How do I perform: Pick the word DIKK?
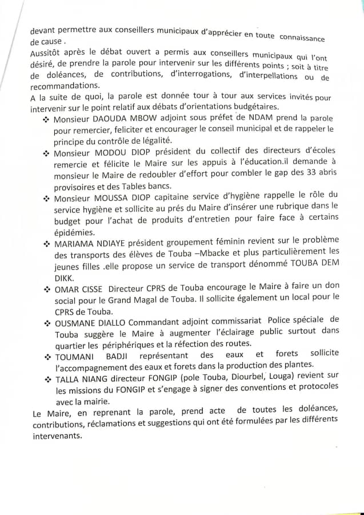(x=65, y=278)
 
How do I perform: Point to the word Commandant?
(x=165, y=322)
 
